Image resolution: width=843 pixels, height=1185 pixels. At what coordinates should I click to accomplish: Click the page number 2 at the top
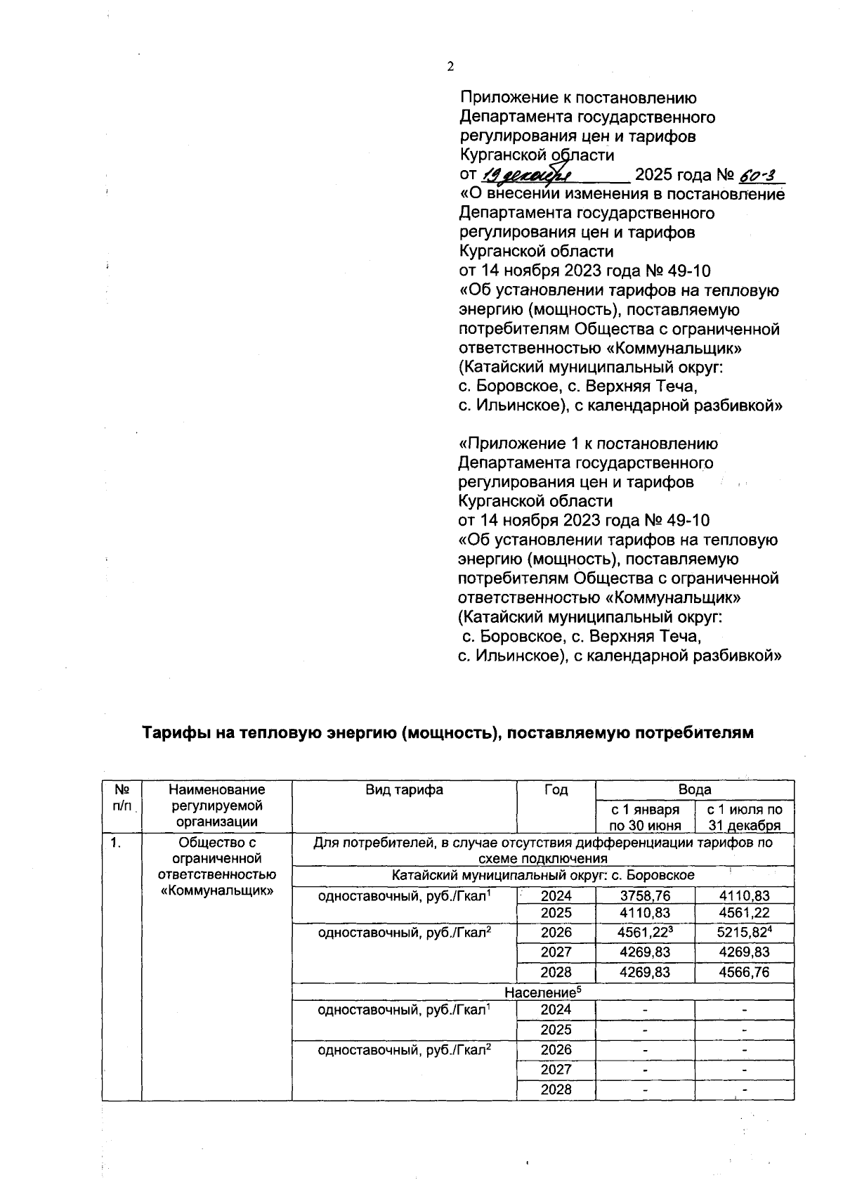(x=451, y=67)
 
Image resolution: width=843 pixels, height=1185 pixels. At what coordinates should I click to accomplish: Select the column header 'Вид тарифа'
(x=404, y=789)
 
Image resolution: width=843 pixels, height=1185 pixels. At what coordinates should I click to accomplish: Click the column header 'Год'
(x=556, y=789)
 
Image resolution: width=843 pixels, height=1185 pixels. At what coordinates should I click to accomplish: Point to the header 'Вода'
(x=694, y=789)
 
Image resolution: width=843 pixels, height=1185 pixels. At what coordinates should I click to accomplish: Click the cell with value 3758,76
(x=645, y=895)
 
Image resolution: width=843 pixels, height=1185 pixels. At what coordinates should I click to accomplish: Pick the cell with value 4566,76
(x=744, y=972)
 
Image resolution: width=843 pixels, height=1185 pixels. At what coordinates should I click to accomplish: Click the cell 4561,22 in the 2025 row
(x=744, y=913)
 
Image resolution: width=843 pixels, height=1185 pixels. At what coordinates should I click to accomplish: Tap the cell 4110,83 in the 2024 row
(x=744, y=895)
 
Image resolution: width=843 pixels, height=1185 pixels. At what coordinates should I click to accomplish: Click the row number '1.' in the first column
(x=115, y=842)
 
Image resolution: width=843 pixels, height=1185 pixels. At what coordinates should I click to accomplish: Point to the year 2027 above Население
(x=556, y=952)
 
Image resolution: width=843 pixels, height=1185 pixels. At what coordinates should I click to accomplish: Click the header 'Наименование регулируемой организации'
(x=216, y=805)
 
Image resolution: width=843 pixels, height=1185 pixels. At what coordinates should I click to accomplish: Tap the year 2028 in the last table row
(x=556, y=1089)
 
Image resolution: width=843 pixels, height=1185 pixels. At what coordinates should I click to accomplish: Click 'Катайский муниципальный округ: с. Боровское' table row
(x=542, y=875)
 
